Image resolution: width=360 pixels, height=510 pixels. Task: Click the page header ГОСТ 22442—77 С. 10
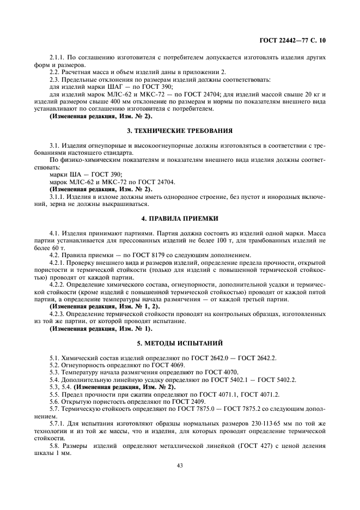click(295, 40)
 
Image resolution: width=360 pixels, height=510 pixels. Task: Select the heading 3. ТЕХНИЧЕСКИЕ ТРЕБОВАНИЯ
click(180, 131)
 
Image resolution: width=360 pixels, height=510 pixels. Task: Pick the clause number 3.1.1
click(57, 196)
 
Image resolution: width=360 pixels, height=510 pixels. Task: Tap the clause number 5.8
click(54, 444)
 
